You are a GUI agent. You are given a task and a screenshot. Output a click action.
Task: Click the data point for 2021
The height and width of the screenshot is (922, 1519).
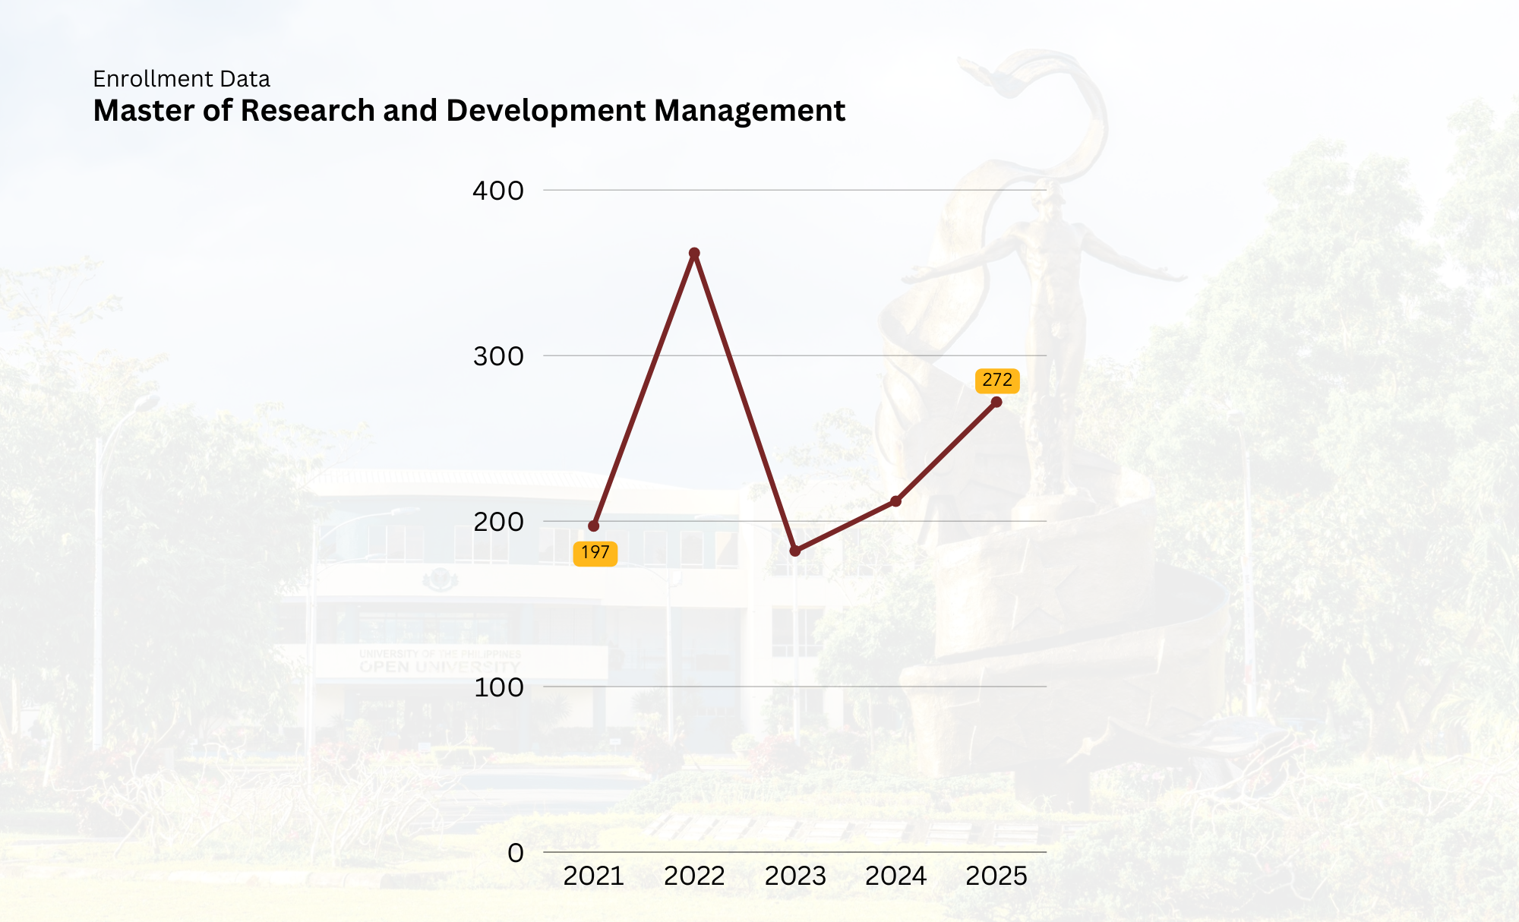[594, 526]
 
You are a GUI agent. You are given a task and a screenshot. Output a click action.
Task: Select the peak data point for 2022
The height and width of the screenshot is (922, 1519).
[694, 253]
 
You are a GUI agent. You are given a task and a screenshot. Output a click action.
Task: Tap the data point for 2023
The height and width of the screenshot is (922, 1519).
[795, 551]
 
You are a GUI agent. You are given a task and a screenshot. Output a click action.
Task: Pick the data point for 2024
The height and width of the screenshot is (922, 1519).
[896, 501]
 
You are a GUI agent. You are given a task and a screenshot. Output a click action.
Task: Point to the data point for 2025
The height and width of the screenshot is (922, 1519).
[996, 402]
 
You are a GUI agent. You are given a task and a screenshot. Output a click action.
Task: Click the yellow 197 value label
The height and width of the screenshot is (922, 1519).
[595, 553]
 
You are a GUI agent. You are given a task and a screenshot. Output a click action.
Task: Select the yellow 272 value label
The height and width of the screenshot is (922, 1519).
[997, 380]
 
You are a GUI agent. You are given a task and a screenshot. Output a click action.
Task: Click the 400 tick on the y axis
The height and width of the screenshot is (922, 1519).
[498, 191]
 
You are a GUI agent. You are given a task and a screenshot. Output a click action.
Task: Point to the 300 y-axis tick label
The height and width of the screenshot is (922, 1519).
[498, 356]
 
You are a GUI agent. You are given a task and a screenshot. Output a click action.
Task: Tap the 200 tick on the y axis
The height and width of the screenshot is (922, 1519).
[498, 522]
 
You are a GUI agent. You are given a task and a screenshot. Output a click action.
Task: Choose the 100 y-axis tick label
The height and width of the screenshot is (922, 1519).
[498, 687]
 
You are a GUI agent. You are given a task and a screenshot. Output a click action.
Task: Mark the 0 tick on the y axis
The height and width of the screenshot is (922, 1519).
[516, 853]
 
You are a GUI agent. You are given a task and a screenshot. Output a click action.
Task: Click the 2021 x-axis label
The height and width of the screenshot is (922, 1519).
[594, 876]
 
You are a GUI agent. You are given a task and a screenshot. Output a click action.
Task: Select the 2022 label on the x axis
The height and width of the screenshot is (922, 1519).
[694, 876]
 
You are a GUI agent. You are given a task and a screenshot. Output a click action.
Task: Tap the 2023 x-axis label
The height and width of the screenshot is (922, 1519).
[795, 876]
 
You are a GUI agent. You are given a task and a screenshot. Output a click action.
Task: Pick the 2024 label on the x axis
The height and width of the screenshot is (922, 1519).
[896, 876]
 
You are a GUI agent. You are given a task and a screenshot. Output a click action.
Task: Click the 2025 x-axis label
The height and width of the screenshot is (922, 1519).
[996, 876]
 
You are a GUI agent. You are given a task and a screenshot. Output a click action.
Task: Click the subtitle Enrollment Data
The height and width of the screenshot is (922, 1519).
[182, 79]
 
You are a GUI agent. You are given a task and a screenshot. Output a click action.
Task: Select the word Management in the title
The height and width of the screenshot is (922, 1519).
[750, 111]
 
